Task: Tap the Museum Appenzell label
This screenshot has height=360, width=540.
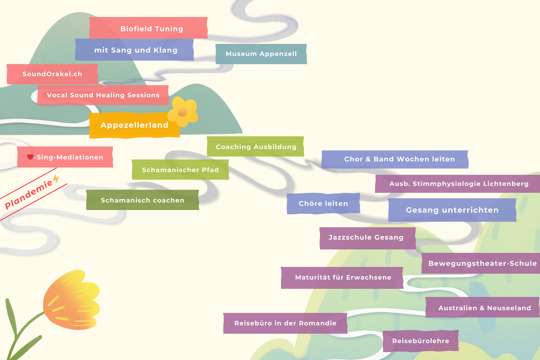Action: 261,54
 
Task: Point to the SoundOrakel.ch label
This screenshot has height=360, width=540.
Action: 52,74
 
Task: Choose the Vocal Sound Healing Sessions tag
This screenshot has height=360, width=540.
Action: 103,95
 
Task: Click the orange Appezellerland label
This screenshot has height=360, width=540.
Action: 134,125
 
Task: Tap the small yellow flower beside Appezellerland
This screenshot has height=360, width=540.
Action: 182,112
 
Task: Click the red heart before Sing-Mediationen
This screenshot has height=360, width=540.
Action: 30,157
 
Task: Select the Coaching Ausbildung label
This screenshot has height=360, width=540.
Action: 256,147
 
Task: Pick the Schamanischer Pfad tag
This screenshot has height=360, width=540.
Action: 180,170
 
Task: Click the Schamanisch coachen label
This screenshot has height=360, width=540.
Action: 143,200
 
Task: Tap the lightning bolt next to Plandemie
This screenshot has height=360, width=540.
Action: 56,180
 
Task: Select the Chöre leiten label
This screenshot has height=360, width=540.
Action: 323,204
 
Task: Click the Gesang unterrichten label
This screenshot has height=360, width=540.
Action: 452,210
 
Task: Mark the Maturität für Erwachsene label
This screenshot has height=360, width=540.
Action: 342,278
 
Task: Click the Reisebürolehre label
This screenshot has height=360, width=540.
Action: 420,341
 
